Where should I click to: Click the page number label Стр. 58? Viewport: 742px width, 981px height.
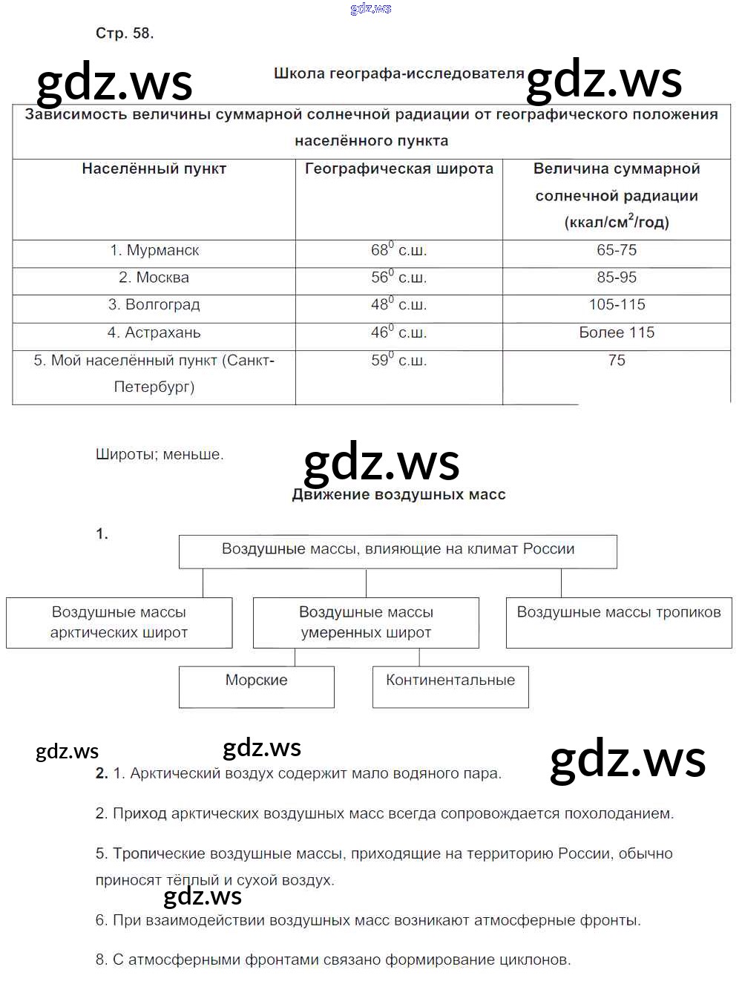click(125, 33)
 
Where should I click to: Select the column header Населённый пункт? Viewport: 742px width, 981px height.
click(154, 169)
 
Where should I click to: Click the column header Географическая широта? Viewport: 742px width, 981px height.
click(398, 169)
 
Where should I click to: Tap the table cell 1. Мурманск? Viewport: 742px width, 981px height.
click(154, 251)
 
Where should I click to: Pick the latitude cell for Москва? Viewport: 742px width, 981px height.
click(398, 278)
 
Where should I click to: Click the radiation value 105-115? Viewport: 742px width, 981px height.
click(617, 305)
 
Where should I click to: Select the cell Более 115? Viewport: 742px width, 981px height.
click(617, 333)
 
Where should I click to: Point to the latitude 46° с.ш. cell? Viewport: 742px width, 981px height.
click(398, 333)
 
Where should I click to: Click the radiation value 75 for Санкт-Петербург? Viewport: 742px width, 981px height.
click(617, 361)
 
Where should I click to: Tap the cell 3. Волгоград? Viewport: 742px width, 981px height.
click(154, 305)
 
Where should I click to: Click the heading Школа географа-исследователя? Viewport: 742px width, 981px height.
click(398, 73)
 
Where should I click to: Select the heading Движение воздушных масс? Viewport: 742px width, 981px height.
click(398, 495)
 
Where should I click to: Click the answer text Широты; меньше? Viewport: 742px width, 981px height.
click(160, 455)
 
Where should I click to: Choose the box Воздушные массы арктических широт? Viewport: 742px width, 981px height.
click(119, 623)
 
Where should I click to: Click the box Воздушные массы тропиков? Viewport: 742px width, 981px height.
click(619, 622)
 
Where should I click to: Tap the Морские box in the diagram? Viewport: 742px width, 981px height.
click(257, 686)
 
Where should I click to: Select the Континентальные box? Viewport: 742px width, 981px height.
click(450, 686)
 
